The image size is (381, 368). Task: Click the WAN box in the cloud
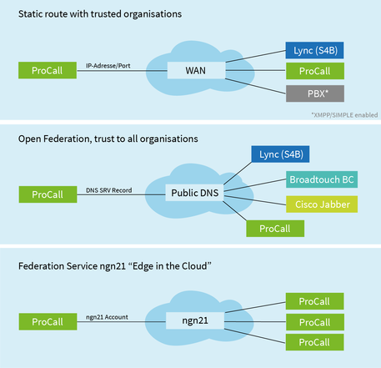pos(196,70)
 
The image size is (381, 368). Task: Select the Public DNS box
pos(194,193)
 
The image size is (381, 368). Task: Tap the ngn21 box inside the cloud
pos(195,320)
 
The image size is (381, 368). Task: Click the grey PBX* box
pos(315,93)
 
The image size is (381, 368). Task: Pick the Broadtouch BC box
pos(322,179)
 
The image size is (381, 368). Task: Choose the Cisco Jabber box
pos(322,204)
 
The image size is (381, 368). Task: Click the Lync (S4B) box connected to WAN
pos(314,50)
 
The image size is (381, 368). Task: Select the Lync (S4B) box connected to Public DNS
pos(280,154)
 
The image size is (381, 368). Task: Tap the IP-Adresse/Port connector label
pos(108,66)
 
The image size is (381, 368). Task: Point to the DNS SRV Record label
pos(109,190)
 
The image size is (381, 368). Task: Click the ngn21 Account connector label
pos(107,317)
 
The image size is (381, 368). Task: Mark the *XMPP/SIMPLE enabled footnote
pos(344,115)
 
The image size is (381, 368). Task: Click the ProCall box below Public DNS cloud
pos(275,229)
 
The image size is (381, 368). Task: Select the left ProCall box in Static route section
pos(48,70)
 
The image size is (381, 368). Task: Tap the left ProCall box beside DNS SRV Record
pos(48,194)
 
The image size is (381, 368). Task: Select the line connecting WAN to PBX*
pos(256,86)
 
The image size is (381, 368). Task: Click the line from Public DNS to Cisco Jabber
pos(255,200)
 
